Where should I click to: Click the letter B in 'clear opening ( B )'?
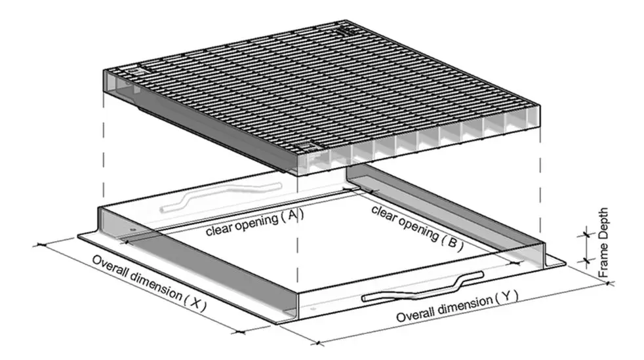coord(452,241)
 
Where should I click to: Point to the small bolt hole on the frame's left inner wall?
coord(132,230)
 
